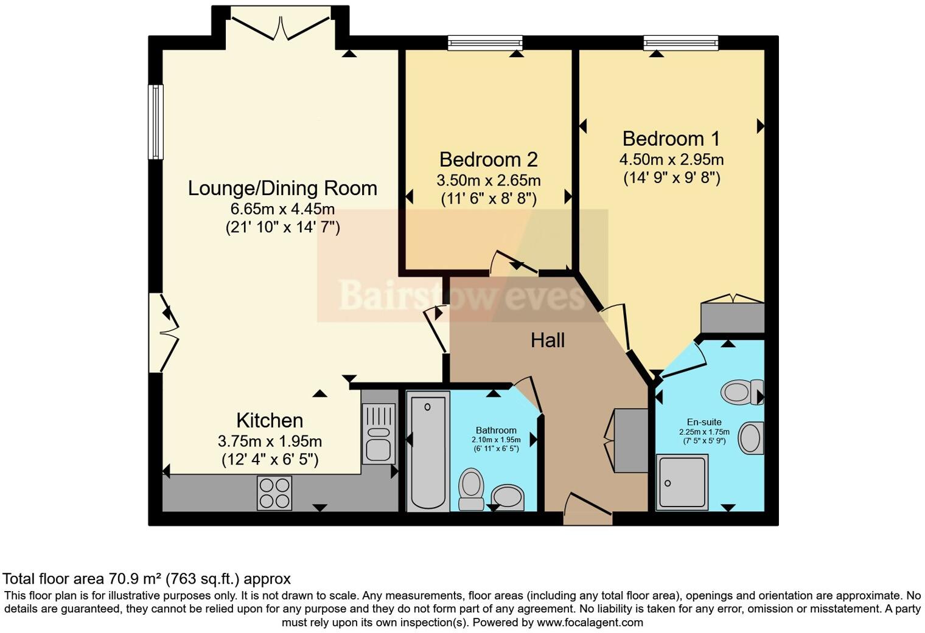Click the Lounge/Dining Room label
click(282, 189)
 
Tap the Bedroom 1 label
click(671, 139)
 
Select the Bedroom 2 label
click(488, 159)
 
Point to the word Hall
click(547, 341)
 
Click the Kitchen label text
click(269, 421)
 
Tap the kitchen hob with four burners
click(274, 493)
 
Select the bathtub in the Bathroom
click(427, 450)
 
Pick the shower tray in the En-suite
click(682, 482)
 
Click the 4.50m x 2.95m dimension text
click(671, 160)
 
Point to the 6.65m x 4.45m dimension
click(282, 209)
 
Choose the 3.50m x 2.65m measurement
click(488, 181)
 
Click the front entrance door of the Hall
click(587, 511)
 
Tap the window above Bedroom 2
click(485, 43)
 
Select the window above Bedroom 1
click(681, 43)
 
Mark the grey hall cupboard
click(630, 440)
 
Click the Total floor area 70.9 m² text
click(147, 579)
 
